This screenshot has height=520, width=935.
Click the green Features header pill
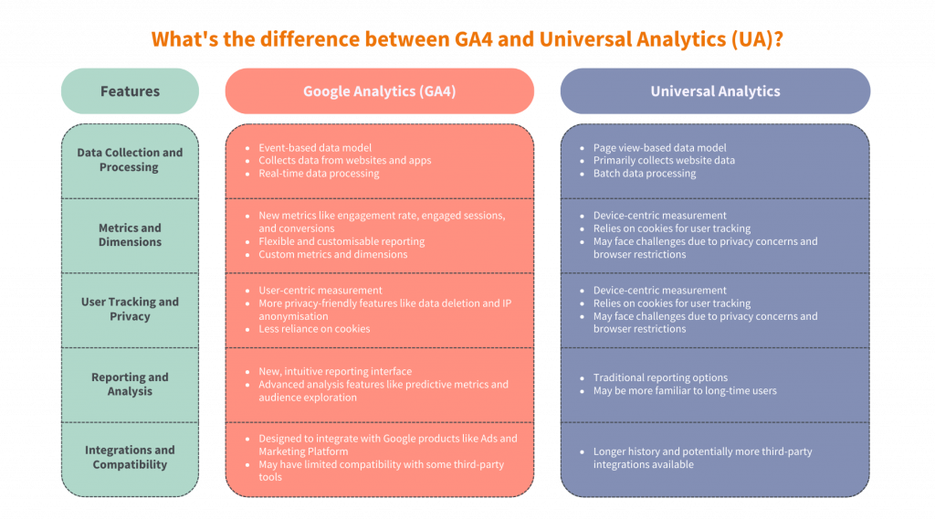(x=130, y=90)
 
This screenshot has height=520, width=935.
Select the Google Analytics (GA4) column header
(x=379, y=90)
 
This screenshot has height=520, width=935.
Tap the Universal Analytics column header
(x=715, y=90)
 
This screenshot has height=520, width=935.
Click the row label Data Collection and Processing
(x=130, y=160)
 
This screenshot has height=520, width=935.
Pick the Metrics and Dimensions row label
(x=130, y=235)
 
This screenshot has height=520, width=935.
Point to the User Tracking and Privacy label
(x=130, y=309)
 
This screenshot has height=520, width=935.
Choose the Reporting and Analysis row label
(x=130, y=384)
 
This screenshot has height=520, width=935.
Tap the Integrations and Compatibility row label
(x=130, y=457)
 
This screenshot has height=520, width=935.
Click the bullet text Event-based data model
(x=315, y=147)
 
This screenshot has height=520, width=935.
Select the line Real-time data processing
(x=319, y=173)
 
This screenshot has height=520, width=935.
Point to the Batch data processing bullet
(x=645, y=173)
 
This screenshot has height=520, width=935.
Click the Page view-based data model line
(x=659, y=147)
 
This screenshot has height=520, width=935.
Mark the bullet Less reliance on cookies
(x=314, y=329)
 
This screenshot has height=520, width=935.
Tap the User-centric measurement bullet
(x=320, y=290)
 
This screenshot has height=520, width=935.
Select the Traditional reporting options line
(x=660, y=378)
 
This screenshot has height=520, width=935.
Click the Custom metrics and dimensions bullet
(x=332, y=254)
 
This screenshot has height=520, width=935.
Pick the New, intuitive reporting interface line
(x=335, y=371)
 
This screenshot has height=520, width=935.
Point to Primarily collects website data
(x=664, y=160)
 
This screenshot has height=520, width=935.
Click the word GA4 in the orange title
(x=474, y=38)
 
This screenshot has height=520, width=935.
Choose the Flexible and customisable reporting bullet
(x=341, y=241)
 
